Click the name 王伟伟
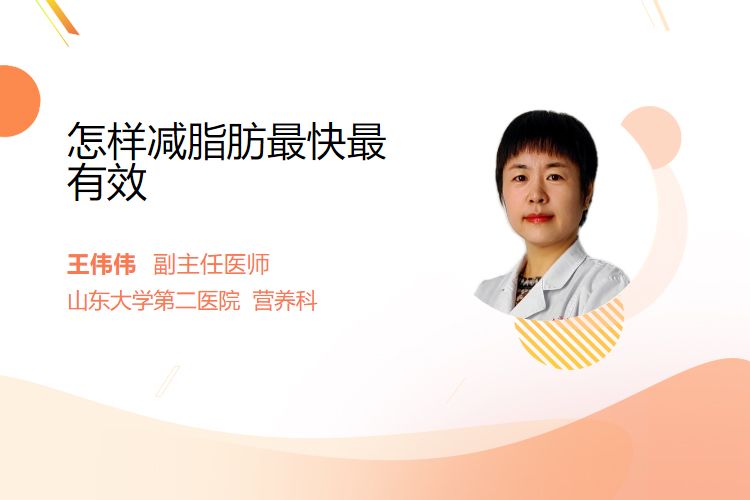[101, 264]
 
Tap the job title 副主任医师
[211, 264]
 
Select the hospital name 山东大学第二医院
[154, 301]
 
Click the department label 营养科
[285, 301]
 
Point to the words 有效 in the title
[107, 182]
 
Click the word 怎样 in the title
[107, 141]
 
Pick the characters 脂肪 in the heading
[226, 141]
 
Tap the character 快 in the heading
[326, 141]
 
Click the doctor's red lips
[539, 219]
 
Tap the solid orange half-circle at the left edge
[18, 101]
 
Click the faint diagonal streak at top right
[656, 13]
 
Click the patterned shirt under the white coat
[526, 287]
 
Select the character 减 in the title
[167, 141]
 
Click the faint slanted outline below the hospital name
[168, 381]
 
